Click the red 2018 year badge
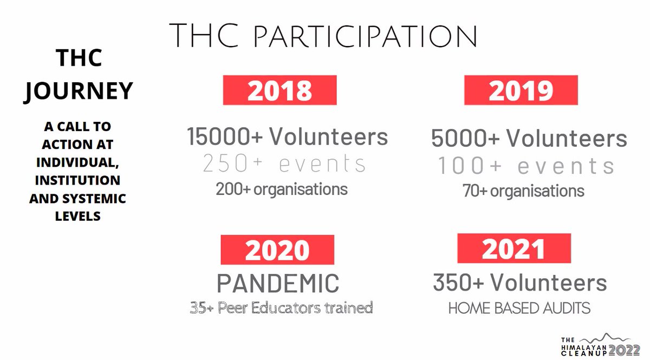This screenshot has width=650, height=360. click(279, 90)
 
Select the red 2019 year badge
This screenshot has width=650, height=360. click(521, 90)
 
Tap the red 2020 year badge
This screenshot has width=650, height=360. click(277, 250)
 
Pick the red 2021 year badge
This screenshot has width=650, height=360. click(513, 248)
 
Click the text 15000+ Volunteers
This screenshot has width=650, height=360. click(288, 137)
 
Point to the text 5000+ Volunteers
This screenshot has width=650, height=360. click(529, 139)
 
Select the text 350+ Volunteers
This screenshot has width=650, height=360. click(519, 283)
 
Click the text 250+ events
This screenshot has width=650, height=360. click(284, 164)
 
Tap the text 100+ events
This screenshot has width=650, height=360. click(526, 166)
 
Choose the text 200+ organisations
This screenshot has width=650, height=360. click(282, 189)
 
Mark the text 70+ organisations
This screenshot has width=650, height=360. click(523, 191)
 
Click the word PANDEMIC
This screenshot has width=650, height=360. click(278, 283)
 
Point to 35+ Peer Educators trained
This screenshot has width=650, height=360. click(281, 308)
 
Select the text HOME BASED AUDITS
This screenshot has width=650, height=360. click(519, 309)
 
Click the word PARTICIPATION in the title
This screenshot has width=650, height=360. click(366, 36)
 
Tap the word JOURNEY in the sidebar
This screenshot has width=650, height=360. click(79, 90)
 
